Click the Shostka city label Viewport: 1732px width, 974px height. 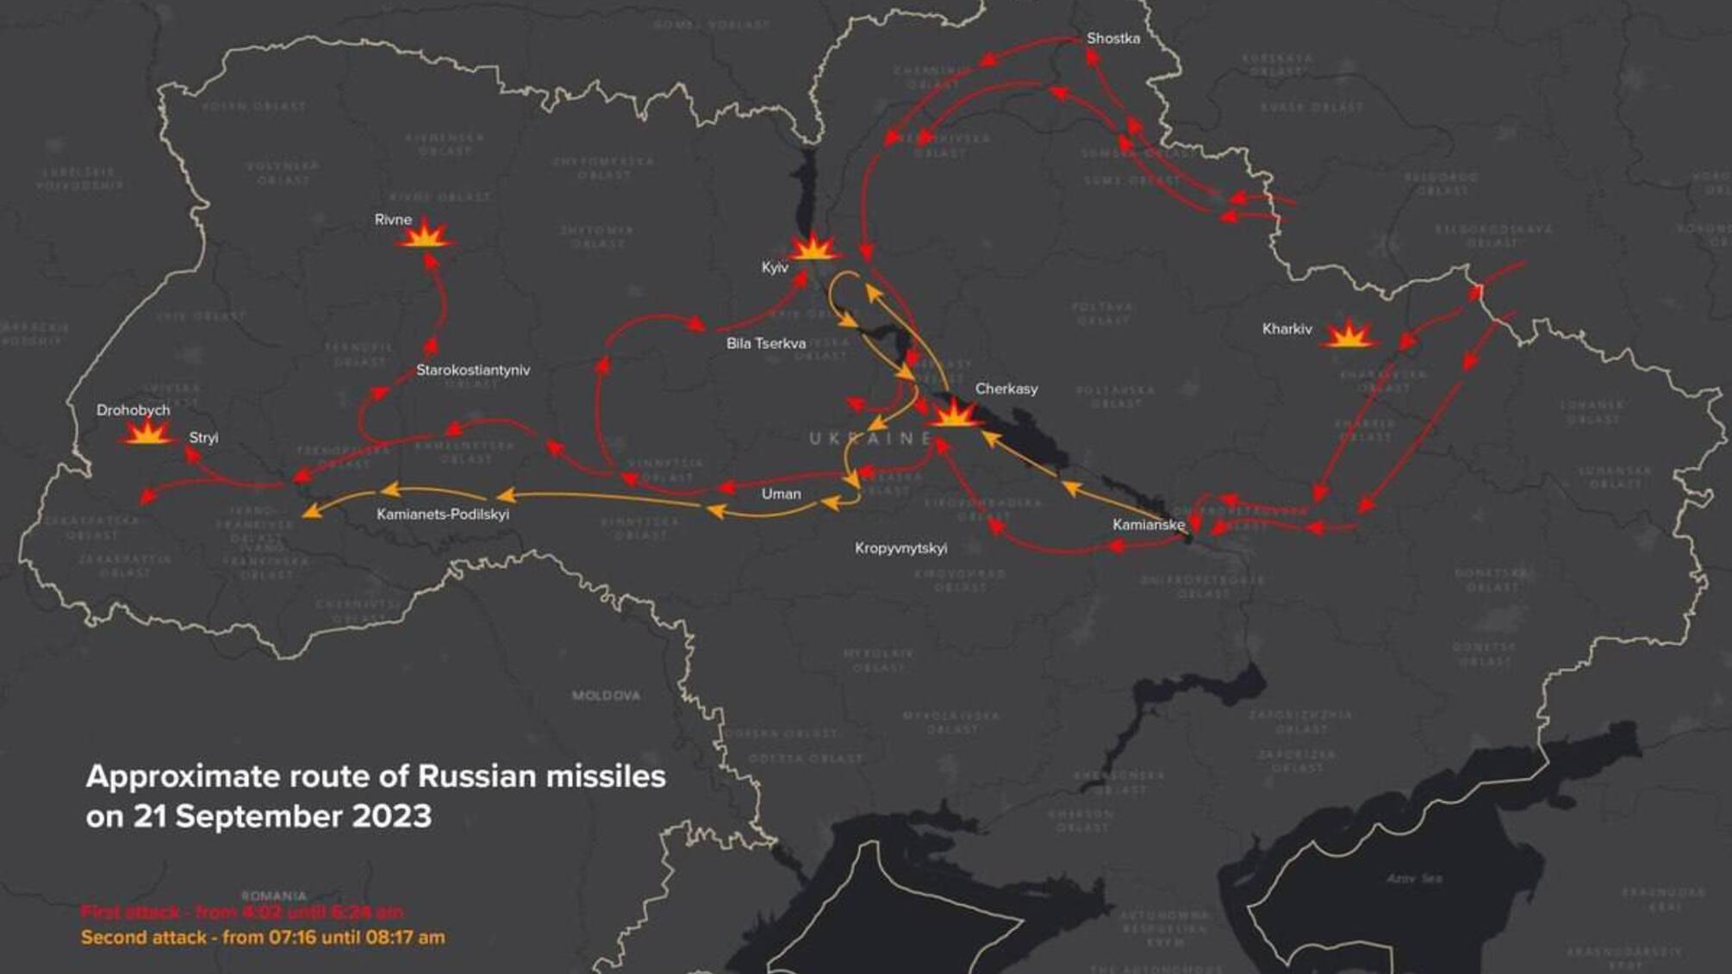coord(1112,39)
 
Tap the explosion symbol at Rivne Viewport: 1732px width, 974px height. coord(425,236)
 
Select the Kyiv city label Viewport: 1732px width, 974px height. coord(775,268)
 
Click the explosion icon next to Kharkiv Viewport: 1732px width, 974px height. coord(1349,334)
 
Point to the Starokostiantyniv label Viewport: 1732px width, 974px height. coord(473,371)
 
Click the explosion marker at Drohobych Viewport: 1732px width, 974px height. coord(147,433)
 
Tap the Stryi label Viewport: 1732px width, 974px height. coord(203,438)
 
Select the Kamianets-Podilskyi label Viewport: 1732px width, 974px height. coord(442,515)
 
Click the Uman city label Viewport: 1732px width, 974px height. coord(781,494)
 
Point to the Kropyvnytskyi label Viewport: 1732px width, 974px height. coord(900,548)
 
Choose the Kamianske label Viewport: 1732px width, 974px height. coord(1148,525)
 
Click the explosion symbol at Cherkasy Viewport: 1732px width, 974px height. coord(952,415)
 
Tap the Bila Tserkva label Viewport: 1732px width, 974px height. coord(765,344)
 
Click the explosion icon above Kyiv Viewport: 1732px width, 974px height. coord(811,248)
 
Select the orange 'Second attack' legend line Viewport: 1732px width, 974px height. coord(263,938)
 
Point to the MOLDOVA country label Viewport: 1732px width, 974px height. coord(606,696)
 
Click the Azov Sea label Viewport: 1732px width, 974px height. coord(1414,878)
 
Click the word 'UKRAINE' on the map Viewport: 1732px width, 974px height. coord(870,439)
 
